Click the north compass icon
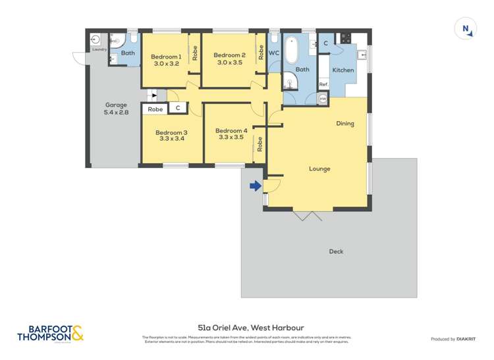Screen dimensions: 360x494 point(465,28)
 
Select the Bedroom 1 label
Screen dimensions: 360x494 point(166,56)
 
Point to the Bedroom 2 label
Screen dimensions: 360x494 point(229,55)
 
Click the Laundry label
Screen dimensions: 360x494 point(99,49)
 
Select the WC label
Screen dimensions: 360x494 point(275,53)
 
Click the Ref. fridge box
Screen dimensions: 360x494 point(323,84)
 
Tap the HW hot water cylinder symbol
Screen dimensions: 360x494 point(323,99)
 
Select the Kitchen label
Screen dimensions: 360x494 point(343,70)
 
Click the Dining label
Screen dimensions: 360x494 point(345,123)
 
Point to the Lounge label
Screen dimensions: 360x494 point(319,168)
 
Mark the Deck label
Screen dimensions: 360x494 point(335,251)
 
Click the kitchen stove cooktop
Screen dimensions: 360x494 point(346,39)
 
